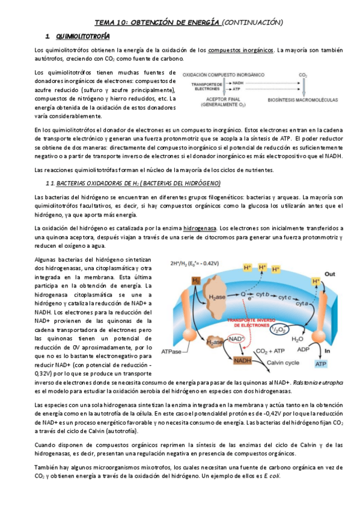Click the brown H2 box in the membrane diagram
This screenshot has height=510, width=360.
pos(197,280)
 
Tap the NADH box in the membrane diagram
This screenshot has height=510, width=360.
pos(242,360)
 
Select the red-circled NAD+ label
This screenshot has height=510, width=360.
pos(236,340)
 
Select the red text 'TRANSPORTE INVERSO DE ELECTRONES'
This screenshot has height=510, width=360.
pos(248,322)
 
